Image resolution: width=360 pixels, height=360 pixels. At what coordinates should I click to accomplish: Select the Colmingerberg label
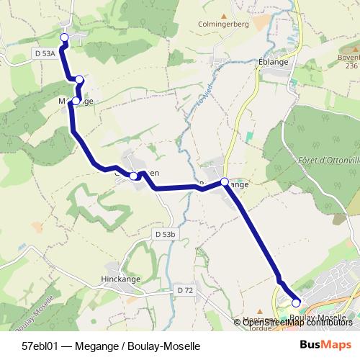click(224, 24)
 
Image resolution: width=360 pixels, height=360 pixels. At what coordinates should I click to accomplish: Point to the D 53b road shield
click(165, 234)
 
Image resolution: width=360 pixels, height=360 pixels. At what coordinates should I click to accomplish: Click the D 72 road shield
click(185, 289)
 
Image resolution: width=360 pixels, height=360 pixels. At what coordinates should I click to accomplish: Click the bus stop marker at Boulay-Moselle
click(296, 303)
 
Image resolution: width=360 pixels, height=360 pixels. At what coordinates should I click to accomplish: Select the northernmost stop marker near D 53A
click(63, 37)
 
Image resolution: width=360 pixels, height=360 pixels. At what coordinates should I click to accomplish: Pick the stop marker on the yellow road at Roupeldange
click(225, 182)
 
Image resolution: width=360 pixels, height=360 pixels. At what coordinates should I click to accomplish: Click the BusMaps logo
click(325, 346)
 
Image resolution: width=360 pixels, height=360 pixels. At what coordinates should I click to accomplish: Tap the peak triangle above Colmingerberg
click(224, 14)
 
